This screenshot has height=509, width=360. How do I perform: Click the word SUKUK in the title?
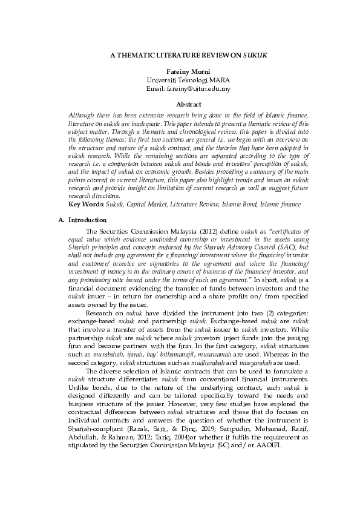(x=255, y=54)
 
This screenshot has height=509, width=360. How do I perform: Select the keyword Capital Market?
(x=146, y=205)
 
